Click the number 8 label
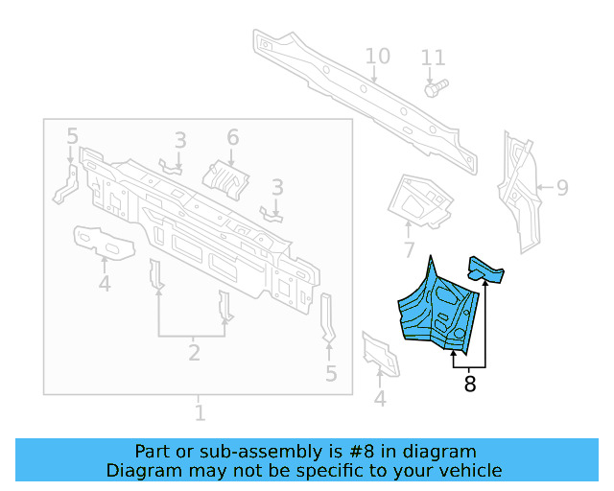pos(469,385)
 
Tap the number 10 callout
pos(378,56)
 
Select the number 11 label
pos(434,58)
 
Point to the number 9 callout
pos(562,187)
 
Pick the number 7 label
pos(409,250)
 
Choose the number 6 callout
pos(232,137)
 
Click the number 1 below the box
pos(200,413)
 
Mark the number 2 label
pos(195,353)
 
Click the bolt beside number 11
pos(434,88)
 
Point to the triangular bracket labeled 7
pos(419,198)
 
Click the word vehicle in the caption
pos(469,470)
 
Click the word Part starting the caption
pos(152,452)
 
